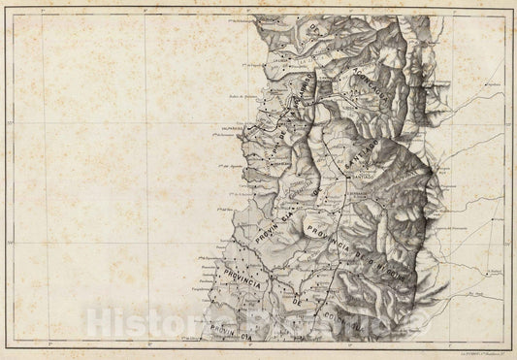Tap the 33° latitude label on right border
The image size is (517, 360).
(508, 125)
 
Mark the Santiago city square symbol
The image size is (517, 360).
(347, 177)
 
